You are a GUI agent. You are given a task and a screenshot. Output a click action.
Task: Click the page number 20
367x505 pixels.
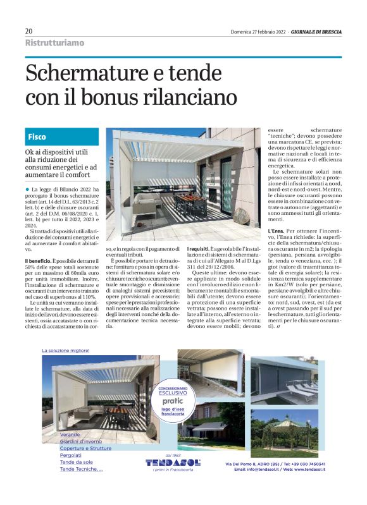coord(28,31)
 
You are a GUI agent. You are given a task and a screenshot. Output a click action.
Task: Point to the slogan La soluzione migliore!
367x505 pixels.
coord(66,350)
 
